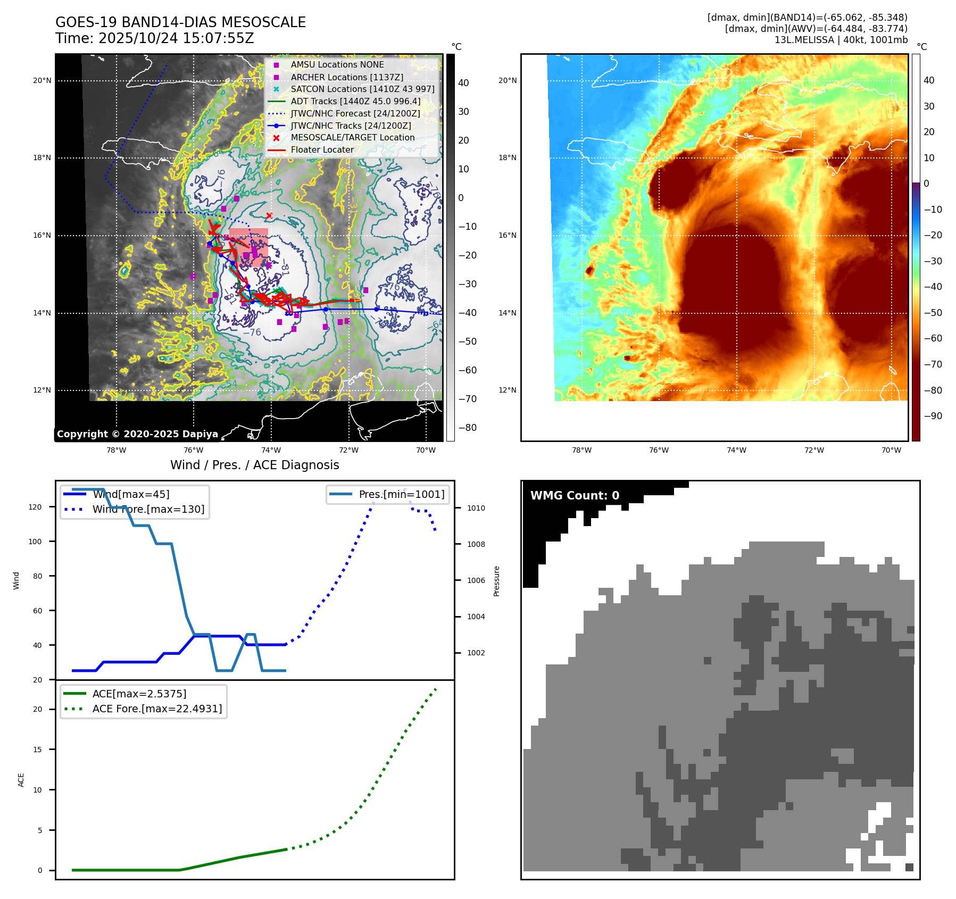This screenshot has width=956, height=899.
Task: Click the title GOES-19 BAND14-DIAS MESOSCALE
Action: [x=180, y=22]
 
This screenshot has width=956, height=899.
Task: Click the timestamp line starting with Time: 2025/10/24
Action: [x=155, y=38]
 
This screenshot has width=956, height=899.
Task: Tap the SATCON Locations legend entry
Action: [x=362, y=89]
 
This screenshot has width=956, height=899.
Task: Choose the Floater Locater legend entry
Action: [x=322, y=149]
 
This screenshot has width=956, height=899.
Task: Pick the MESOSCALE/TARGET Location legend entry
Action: [x=352, y=137]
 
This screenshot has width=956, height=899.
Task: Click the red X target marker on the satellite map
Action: [x=269, y=215]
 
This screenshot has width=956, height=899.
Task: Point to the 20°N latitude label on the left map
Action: [x=42, y=81]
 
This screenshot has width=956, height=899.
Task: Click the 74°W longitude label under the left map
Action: [x=271, y=450]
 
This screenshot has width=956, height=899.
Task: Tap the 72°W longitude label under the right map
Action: [x=814, y=450]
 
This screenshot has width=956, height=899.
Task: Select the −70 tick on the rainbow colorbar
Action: [x=933, y=364]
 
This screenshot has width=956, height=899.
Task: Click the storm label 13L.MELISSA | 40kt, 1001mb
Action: [x=841, y=40]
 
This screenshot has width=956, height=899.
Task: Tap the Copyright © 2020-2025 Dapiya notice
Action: [x=137, y=434]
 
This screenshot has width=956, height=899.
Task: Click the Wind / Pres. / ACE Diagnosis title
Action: [x=254, y=465]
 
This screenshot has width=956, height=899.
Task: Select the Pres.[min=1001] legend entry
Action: [x=401, y=494]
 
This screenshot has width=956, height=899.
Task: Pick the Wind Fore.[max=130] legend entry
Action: [x=148, y=509]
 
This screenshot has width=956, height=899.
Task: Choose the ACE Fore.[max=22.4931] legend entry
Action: [x=157, y=709]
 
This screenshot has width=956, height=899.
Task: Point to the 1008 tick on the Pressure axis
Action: [x=476, y=544]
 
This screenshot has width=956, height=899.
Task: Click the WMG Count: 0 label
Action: [x=575, y=496]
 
